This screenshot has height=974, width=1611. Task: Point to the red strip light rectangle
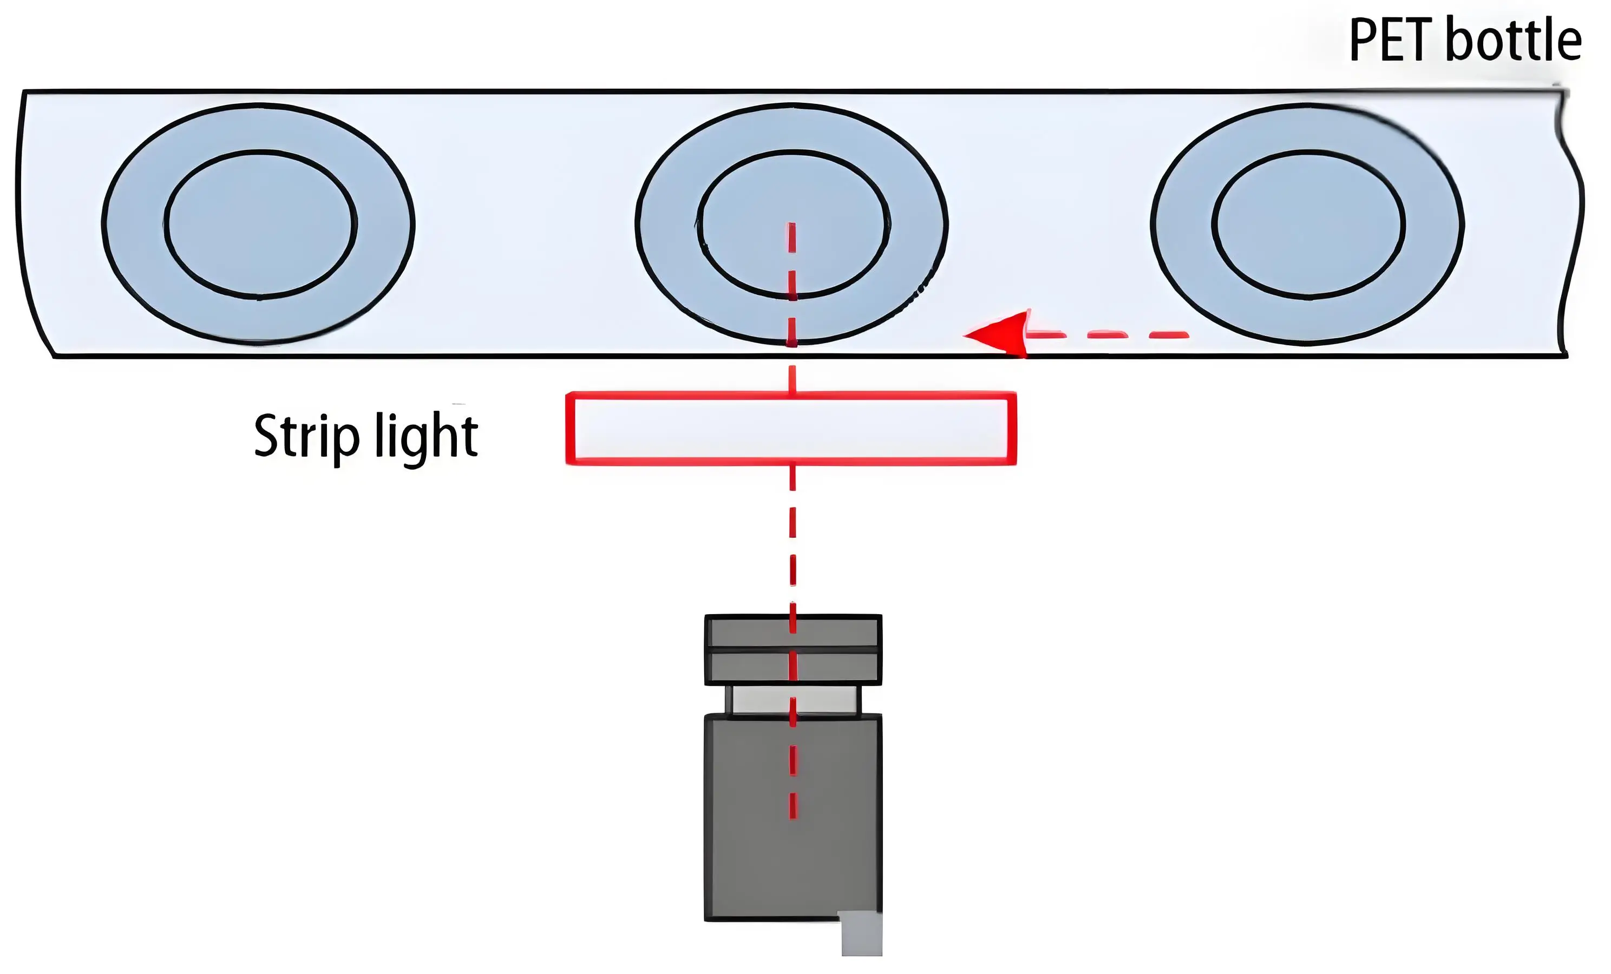click(x=791, y=429)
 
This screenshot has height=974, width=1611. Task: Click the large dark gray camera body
click(x=793, y=818)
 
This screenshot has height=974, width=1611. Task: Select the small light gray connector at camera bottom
click(x=861, y=933)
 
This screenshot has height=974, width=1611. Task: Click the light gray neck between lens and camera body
click(x=794, y=700)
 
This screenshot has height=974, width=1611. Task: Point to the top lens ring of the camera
click(x=793, y=631)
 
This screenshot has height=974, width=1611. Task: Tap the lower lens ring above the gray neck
click(x=793, y=667)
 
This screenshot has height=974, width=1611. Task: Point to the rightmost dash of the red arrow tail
click(x=1169, y=335)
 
